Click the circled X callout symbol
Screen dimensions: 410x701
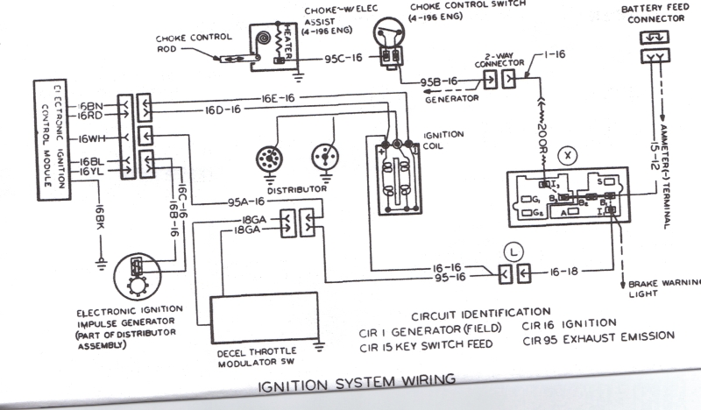click(x=570, y=155)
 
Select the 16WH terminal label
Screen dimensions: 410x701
click(x=90, y=138)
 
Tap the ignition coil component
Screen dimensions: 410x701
click(x=395, y=175)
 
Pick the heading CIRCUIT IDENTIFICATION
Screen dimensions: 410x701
click(x=480, y=312)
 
